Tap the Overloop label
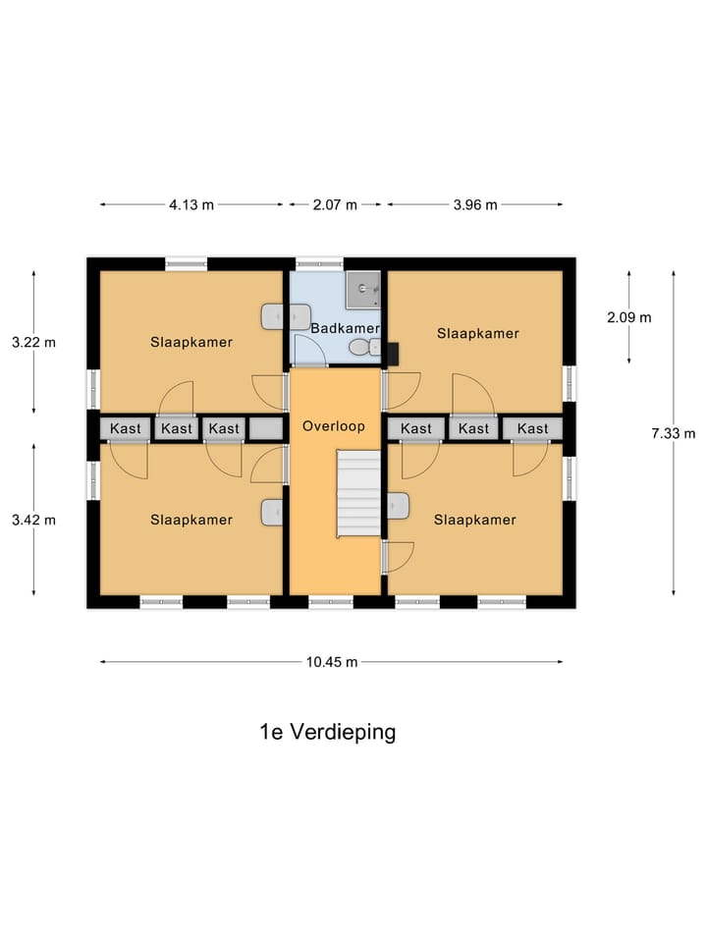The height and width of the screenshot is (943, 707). [x=334, y=427]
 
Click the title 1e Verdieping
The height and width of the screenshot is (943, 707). [x=327, y=732]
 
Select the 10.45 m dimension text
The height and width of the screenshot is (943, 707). [x=331, y=662]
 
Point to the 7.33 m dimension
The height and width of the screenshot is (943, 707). [x=673, y=433]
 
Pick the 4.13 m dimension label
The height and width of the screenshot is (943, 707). [x=191, y=204]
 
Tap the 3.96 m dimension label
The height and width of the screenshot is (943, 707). [x=475, y=204]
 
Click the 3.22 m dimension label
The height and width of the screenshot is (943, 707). [x=34, y=343]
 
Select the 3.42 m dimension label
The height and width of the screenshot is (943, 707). [x=34, y=520]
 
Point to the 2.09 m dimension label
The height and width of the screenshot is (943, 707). [x=628, y=317]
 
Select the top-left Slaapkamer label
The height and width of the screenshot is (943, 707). [x=191, y=343]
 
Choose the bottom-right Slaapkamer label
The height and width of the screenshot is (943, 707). [x=475, y=520]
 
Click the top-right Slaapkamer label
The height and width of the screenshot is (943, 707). [x=477, y=333]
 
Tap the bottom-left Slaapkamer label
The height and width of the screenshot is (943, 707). [x=191, y=520]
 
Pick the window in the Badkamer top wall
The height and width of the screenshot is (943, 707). [x=320, y=263]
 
